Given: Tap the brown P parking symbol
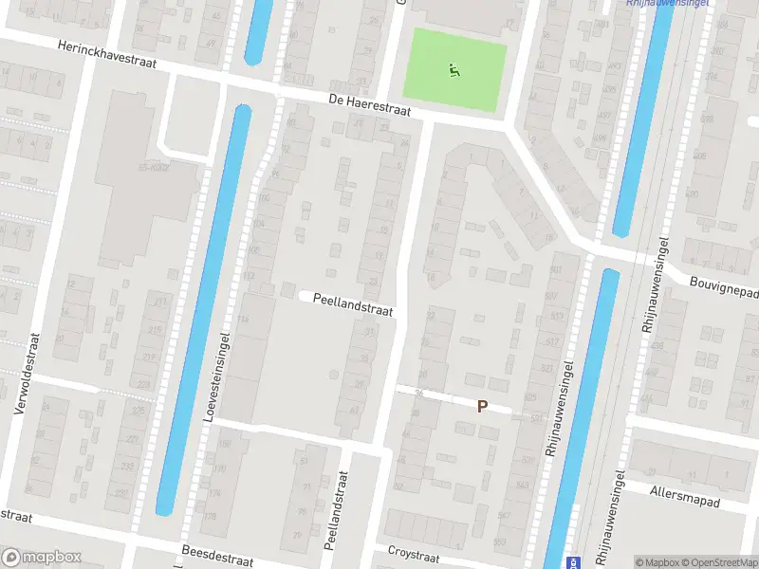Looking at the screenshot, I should (x=482, y=406).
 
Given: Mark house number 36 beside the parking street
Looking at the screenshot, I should (x=417, y=395).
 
